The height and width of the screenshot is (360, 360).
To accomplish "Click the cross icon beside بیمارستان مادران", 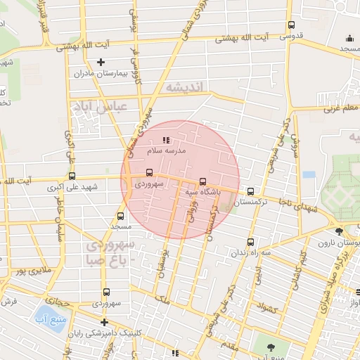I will pyautogui.click(x=101, y=63).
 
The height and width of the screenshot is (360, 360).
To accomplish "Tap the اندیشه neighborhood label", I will pyautogui.click(x=184, y=86).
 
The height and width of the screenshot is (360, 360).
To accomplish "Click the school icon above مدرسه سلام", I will pyautogui.click(x=166, y=140).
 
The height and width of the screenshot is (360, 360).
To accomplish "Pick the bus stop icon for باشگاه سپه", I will pyautogui.click(x=203, y=180).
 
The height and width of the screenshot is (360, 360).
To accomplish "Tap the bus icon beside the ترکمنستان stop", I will pyautogui.click(x=251, y=191).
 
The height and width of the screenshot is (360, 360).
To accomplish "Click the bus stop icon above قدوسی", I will pyautogui.click(x=291, y=25).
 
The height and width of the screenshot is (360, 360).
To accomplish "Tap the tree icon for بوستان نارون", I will pyautogui.click(x=340, y=231).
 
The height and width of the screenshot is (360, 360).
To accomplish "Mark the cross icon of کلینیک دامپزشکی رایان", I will pyautogui.click(x=103, y=322).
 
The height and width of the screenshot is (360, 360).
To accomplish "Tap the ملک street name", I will pyautogui.click(x=164, y=299).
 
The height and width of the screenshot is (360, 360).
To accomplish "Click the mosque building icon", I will pyautogui.click(x=349, y=39).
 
